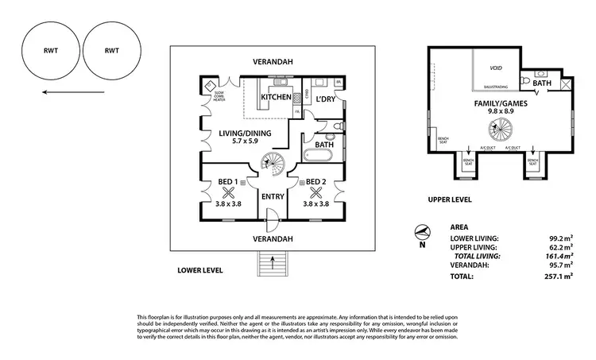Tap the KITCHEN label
[x=277, y=97]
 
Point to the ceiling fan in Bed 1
[x=229, y=191]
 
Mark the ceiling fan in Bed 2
[x=316, y=191]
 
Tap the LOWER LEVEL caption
[x=200, y=270]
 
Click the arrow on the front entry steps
[x=271, y=259]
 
